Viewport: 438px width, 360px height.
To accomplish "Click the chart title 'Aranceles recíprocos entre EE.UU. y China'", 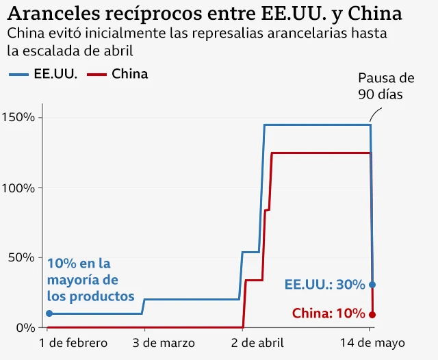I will pos(206,14).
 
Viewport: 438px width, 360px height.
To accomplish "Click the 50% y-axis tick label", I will pos(21,257).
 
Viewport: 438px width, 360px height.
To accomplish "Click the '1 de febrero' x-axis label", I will pos(74,343).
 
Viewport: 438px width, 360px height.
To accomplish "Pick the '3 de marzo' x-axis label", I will pos(164,343).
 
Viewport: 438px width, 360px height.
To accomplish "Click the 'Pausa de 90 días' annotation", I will pos(386,86).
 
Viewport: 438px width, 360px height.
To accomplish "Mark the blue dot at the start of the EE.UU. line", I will pos(49,313).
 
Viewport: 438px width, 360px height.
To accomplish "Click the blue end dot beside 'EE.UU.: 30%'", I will pos(372,285).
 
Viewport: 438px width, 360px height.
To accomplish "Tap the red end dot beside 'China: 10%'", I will pos(372,314).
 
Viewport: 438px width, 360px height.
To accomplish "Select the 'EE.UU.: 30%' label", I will pos(324,285).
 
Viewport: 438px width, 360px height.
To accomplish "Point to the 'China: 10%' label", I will pos(328,313).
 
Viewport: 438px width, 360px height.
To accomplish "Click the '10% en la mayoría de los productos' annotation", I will pos(90,280).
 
